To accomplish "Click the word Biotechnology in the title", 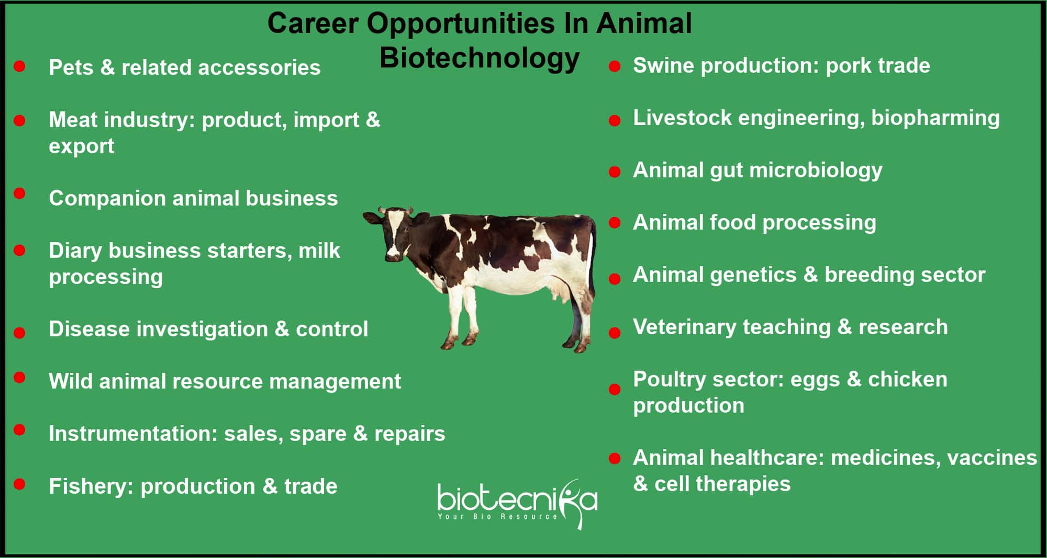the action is pyautogui.click(x=479, y=59).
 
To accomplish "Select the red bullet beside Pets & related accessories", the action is pyautogui.click(x=19, y=66).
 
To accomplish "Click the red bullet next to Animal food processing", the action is pyautogui.click(x=615, y=223).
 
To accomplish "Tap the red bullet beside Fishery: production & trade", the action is pyautogui.click(x=19, y=484).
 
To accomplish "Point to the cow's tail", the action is pyautogui.click(x=593, y=272).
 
